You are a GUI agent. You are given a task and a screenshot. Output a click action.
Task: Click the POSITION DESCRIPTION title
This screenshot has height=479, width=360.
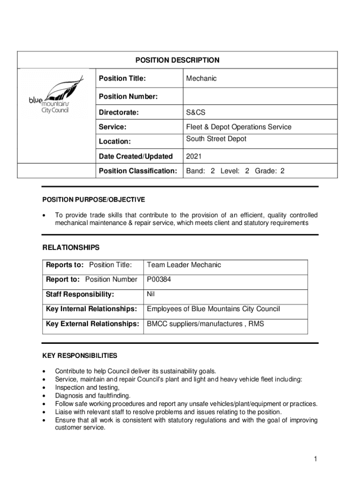click(177, 60)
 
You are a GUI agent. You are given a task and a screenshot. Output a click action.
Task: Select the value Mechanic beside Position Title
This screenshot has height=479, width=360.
click(201, 78)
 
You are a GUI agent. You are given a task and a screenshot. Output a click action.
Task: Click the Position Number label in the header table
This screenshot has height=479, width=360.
click(128, 96)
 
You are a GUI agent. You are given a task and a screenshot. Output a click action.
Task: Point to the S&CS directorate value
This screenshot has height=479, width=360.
click(195, 113)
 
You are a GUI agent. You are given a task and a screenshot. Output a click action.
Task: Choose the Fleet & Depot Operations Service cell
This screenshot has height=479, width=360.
click(238, 127)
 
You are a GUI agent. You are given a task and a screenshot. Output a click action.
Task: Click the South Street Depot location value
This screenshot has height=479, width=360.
click(216, 139)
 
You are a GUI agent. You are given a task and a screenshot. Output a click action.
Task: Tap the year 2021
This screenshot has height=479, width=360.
click(194, 156)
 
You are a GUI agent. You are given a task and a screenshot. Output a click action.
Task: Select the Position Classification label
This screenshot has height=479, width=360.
click(138, 171)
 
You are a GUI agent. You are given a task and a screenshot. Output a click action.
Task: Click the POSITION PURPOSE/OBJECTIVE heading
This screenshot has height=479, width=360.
click(94, 200)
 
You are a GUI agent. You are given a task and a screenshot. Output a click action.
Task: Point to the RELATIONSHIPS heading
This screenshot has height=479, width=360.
click(71, 247)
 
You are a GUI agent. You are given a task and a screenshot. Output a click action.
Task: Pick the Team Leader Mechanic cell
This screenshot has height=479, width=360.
click(184, 265)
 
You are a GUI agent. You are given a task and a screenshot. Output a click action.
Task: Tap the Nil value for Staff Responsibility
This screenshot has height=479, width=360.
click(151, 294)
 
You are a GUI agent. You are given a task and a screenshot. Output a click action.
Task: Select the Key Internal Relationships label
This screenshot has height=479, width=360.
click(91, 309)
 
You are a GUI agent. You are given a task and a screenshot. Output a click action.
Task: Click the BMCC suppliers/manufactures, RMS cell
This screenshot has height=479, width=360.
click(205, 323)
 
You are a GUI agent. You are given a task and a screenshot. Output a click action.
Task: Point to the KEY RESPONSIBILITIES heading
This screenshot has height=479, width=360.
click(80, 356)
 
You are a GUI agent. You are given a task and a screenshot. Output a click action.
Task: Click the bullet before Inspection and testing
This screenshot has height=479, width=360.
click(44, 388)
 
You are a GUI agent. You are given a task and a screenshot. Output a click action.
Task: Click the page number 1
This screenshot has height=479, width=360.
click(316, 459)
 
